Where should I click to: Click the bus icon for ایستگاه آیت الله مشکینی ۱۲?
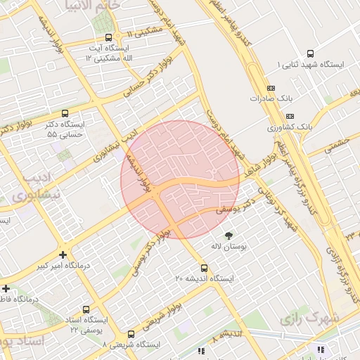point(108,37)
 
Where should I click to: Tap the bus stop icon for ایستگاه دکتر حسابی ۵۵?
point(65,113)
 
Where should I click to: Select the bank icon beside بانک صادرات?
point(271,88)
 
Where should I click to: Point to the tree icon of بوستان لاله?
point(228,235)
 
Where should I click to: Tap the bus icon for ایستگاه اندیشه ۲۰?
point(204,268)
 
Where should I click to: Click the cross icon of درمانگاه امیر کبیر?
point(63,255)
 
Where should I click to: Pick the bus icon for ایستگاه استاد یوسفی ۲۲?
point(86,309)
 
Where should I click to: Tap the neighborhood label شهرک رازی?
point(310,318)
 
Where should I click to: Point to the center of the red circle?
point(180,179)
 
